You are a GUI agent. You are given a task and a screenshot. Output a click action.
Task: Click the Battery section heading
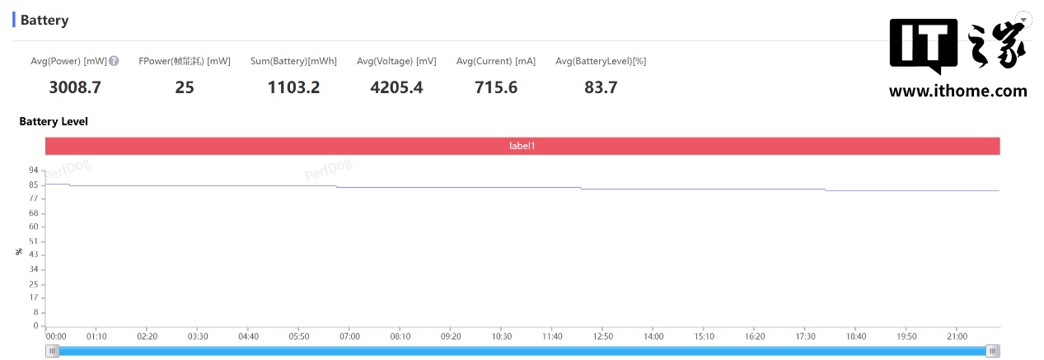pos(44,20)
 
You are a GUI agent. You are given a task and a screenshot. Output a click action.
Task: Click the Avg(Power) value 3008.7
pos(74,86)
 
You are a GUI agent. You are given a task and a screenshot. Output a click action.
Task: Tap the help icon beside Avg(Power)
pos(114,61)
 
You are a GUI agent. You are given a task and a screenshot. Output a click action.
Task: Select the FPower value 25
pos(185,86)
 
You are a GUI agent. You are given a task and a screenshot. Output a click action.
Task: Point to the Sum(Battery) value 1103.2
pos(293,86)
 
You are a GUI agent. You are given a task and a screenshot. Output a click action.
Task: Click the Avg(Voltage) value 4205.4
pos(396,86)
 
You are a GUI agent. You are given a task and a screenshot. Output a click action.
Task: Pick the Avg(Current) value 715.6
pos(496,86)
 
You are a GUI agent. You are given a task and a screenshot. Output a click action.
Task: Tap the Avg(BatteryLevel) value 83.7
pos(601,86)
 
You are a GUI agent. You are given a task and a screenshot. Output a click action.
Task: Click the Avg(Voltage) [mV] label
pos(396,61)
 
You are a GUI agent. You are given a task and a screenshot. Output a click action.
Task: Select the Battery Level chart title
pos(54,121)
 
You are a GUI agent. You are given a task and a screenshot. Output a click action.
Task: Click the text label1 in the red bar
pos(522,146)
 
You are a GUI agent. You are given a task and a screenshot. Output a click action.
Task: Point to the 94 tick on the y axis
pos(34,170)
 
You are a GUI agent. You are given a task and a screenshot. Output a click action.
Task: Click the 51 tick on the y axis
pos(34,241)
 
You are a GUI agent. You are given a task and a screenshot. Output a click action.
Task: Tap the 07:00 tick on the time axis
pos(349,336)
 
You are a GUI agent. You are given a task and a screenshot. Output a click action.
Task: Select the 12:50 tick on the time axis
pos(602,336)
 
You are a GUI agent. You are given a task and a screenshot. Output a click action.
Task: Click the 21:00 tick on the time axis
pos(957,336)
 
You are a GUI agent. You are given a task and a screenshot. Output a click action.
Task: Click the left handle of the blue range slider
pos(54,351)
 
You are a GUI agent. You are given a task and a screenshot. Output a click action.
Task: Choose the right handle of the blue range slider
pos(993,351)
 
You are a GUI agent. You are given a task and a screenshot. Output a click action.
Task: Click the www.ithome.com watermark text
pos(957,91)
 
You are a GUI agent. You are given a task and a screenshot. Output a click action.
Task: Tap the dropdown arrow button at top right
pos(1023,19)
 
